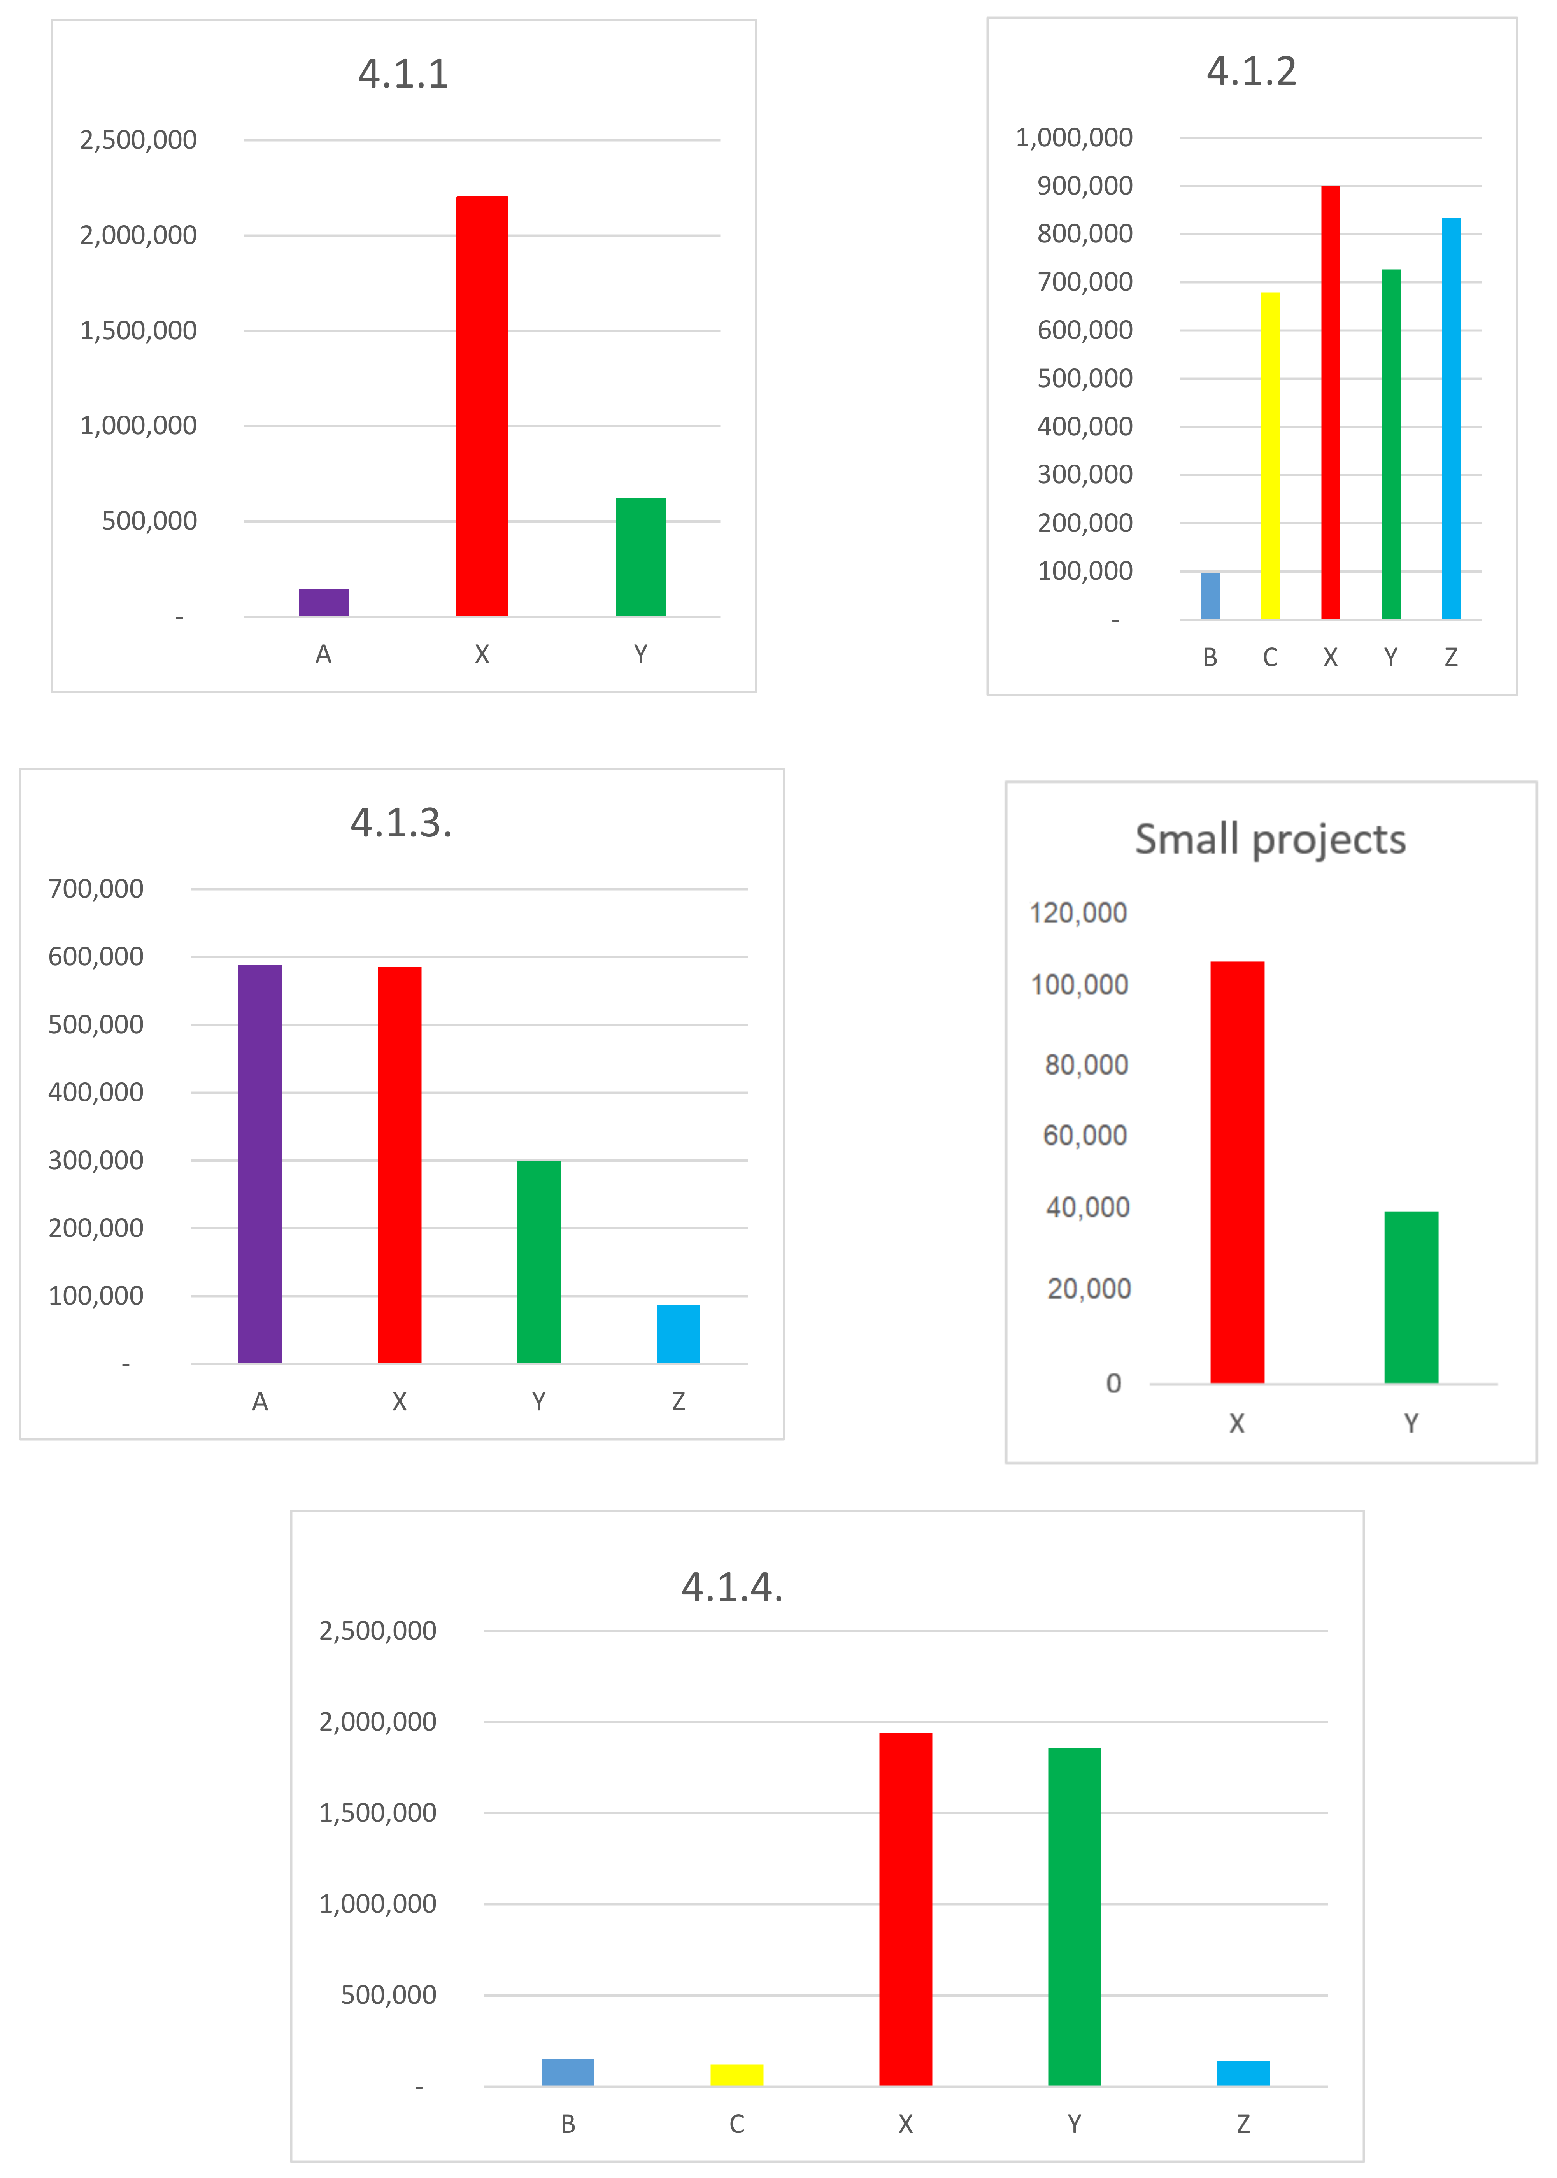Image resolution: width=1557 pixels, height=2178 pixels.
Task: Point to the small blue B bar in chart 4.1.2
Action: [x=1210, y=595]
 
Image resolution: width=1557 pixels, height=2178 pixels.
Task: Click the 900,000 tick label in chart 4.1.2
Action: [x=1084, y=186]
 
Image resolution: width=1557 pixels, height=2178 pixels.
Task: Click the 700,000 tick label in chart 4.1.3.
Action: [x=96, y=889]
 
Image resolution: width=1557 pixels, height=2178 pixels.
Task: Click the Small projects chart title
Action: [x=1270, y=840]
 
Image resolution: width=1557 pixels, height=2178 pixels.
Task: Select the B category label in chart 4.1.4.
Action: [x=568, y=2124]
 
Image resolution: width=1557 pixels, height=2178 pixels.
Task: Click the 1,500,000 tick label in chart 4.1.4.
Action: [x=378, y=1813]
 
